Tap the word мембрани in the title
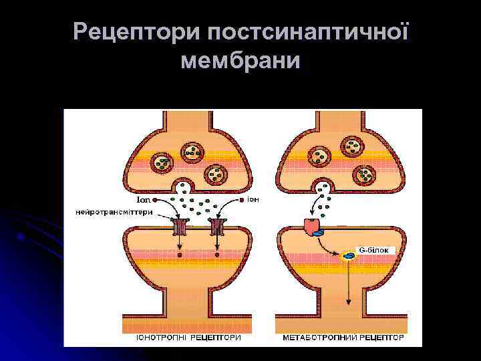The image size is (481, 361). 240,62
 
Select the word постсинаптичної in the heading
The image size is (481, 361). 304,31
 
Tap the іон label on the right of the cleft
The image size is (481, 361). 253,199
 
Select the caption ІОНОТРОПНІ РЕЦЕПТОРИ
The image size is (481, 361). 188,338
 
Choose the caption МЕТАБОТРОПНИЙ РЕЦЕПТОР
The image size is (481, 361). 343,338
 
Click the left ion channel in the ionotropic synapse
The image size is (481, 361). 180,227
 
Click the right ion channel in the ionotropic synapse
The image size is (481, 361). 217,227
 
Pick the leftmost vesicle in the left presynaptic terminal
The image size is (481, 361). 162,162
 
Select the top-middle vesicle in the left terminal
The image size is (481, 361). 192,152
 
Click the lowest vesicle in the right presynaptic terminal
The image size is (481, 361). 366,174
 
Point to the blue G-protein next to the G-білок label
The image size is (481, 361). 349,255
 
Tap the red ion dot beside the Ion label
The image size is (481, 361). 154,200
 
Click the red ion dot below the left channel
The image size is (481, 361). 180,255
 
